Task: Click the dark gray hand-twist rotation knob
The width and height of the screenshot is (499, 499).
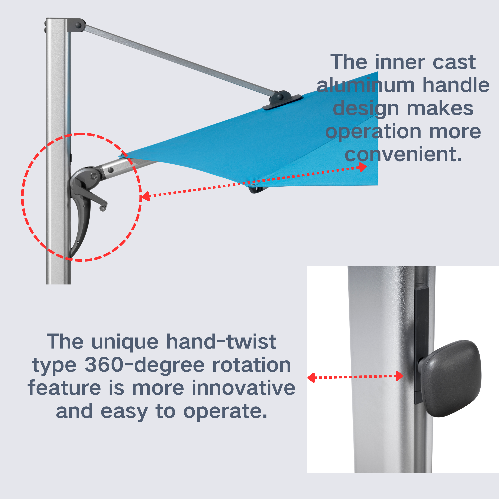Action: pos(451,379)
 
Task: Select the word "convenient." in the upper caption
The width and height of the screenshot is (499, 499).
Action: pos(403,154)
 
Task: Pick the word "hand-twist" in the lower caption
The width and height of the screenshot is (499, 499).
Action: pos(221,342)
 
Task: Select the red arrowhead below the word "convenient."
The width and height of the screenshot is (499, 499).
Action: pos(363,167)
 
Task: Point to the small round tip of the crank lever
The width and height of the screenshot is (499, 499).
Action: pos(103,208)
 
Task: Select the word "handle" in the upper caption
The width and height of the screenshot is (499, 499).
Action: pos(456,85)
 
